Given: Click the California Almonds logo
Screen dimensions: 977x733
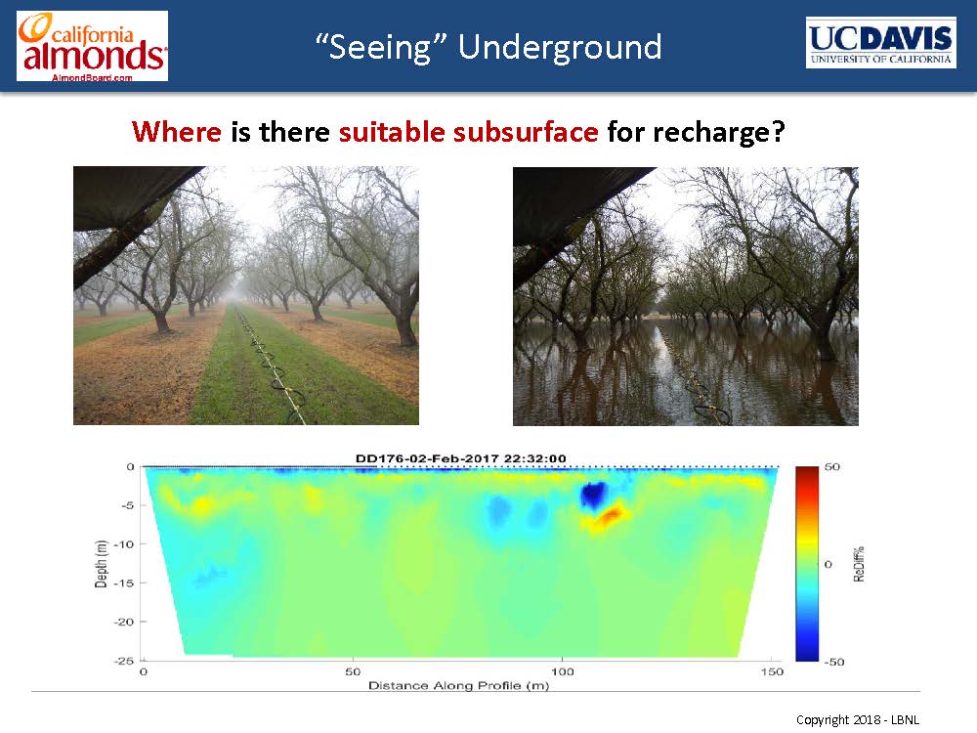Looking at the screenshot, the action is coord(92,46).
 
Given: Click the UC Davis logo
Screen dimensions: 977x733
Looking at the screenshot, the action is coord(880,42).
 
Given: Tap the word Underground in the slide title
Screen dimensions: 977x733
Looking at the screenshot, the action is coord(560,47).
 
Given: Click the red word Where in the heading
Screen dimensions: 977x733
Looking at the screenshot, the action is coord(176,132).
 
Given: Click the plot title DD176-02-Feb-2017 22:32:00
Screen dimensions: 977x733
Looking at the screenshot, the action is coord(460,458).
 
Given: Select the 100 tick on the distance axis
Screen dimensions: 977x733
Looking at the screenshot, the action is coord(562,671).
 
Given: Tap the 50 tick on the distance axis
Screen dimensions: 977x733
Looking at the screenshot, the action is coord(353,671).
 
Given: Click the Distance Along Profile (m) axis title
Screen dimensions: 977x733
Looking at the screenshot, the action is coord(458,686).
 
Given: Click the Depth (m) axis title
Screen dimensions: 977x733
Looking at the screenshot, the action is coord(101,564).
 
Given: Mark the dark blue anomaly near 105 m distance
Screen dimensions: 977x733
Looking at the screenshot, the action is coord(593,496).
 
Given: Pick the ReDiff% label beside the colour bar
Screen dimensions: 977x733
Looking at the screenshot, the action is coord(859,564).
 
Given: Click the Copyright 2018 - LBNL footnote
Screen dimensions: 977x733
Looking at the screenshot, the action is coord(858,720).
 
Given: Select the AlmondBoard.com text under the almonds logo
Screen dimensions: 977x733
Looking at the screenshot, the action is coord(92,78).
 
